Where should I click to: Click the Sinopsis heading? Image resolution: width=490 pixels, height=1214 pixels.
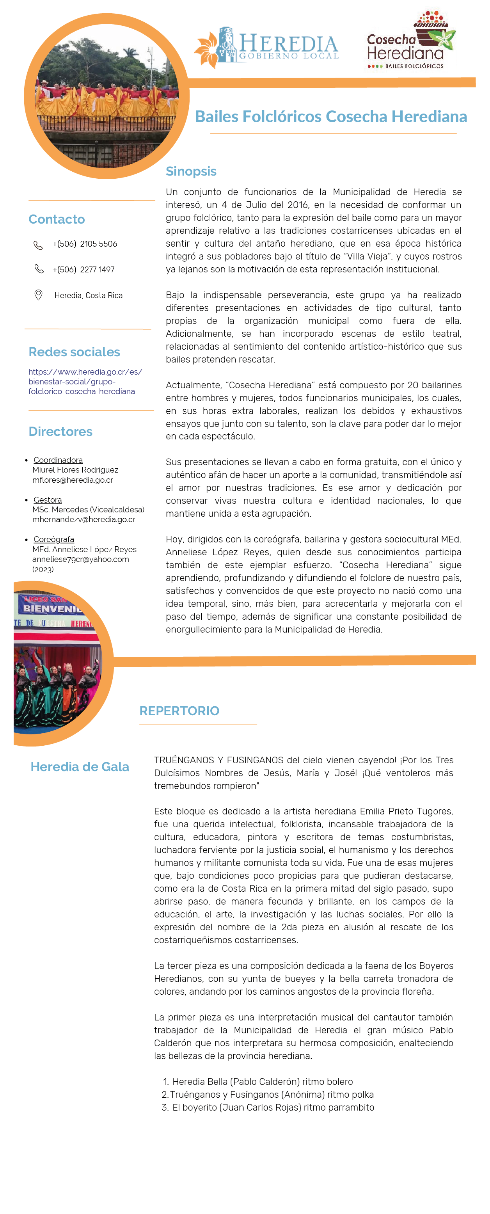point(191,171)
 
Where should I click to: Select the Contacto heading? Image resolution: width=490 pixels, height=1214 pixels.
point(57,219)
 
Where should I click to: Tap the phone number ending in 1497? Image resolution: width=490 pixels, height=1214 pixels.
point(83,270)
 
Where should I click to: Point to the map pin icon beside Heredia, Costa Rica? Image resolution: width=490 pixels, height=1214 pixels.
point(39,295)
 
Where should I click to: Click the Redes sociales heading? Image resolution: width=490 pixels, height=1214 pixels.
point(74,352)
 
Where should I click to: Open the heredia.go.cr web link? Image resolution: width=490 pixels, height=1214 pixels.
point(85,382)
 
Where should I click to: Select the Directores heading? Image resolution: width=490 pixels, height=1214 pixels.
point(60,432)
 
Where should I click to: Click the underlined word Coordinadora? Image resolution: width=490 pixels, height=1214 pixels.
point(58,460)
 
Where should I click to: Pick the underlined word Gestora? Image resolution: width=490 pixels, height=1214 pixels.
point(48,499)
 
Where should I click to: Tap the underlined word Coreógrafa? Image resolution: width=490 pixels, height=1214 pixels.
point(54,539)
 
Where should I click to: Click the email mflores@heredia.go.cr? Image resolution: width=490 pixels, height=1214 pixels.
point(73,480)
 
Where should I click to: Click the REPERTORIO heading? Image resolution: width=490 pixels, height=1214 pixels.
point(179,711)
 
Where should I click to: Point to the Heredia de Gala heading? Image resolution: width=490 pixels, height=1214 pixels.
point(80,767)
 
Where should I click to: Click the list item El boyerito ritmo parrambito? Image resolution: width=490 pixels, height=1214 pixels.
point(273,1107)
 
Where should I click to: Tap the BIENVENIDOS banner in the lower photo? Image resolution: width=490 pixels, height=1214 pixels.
point(52,608)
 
